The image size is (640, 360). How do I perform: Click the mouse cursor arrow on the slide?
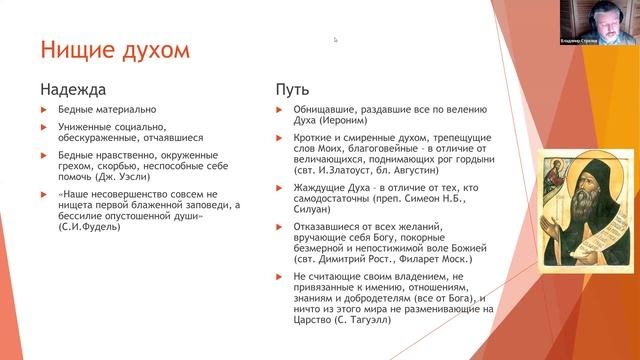(x=335, y=40)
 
